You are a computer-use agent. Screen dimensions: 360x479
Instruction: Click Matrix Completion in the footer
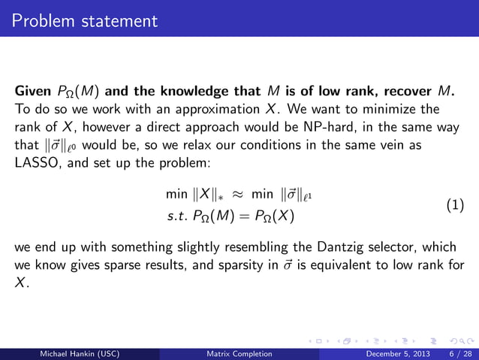point(239,353)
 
